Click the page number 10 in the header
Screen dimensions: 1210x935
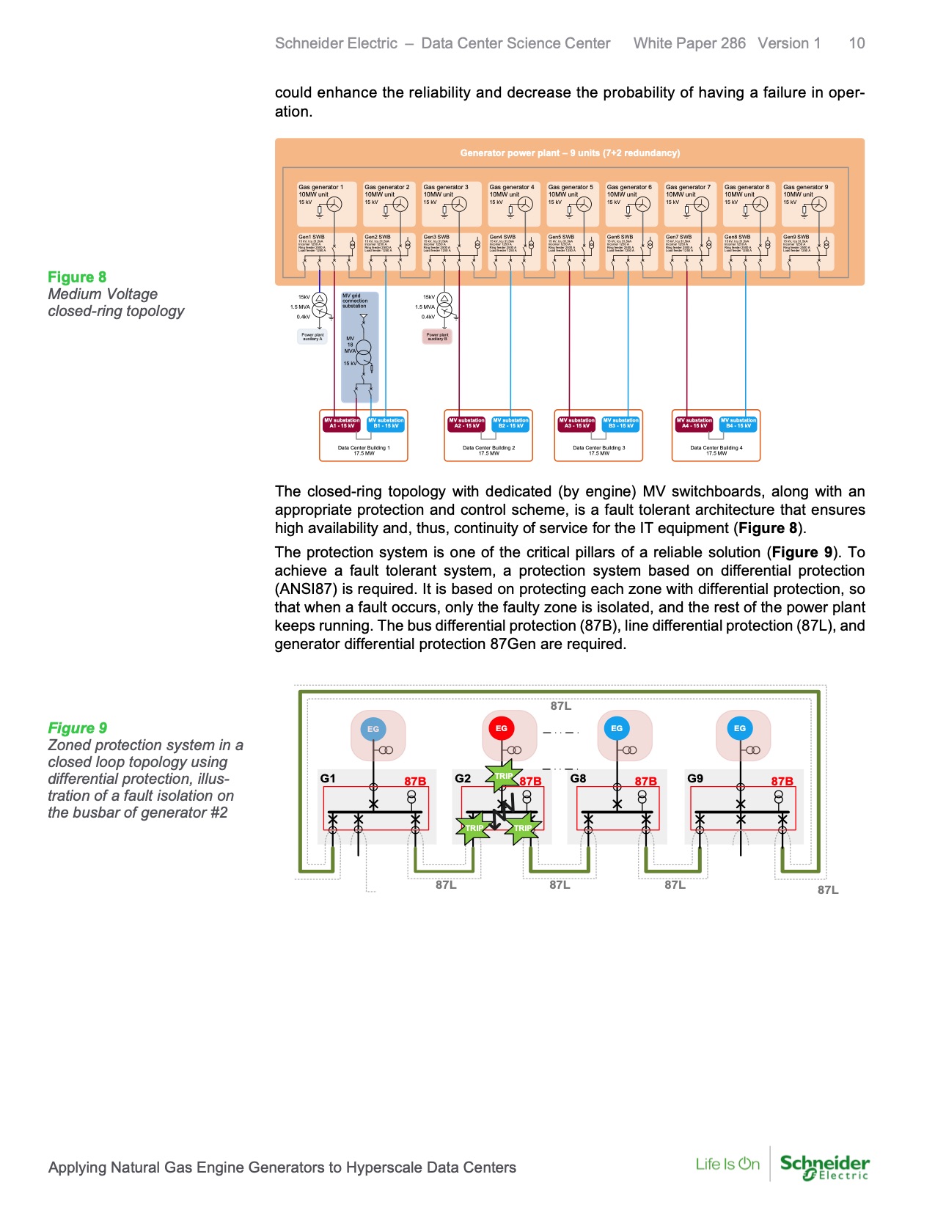(x=857, y=43)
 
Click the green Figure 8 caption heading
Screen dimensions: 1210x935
(x=77, y=277)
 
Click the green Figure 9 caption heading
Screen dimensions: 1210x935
(x=77, y=728)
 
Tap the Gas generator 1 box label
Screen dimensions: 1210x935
(x=320, y=187)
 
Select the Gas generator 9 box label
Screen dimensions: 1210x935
(x=805, y=187)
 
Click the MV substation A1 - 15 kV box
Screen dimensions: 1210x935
(x=342, y=423)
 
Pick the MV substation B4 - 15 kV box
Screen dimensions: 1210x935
(x=738, y=423)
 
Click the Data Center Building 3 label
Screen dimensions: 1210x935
(x=598, y=448)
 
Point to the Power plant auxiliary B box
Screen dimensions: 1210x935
(x=437, y=337)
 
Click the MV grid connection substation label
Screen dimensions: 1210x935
(x=355, y=301)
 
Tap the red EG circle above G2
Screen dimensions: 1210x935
(x=502, y=728)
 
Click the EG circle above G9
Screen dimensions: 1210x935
(x=739, y=728)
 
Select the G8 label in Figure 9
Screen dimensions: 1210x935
(x=579, y=778)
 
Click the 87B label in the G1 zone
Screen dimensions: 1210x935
(x=415, y=781)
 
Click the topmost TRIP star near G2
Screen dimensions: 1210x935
(x=503, y=776)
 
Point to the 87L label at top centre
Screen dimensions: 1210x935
(x=561, y=705)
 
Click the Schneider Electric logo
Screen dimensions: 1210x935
(x=825, y=1166)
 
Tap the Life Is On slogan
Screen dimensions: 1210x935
(x=727, y=1164)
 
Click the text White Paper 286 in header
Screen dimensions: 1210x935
(x=689, y=43)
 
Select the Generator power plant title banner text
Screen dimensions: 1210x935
(x=570, y=153)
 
